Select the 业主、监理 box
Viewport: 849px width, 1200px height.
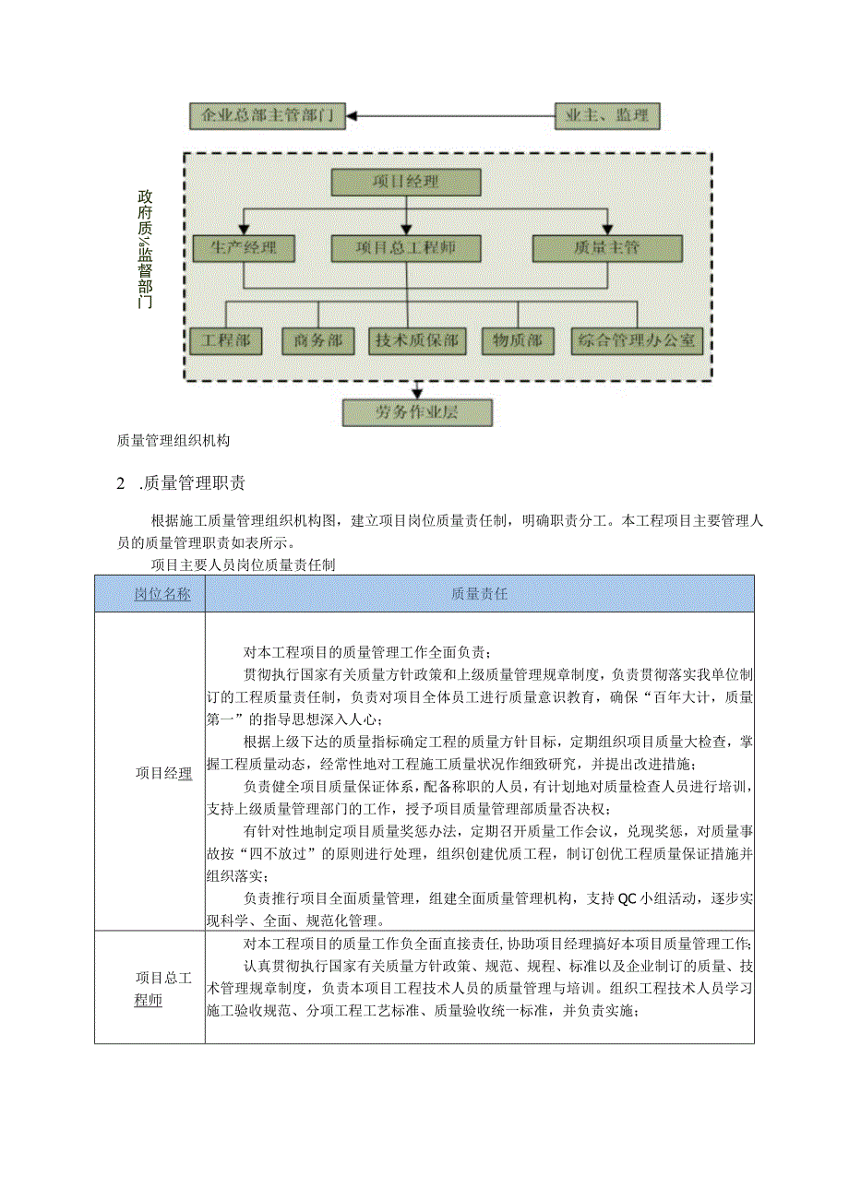tap(607, 116)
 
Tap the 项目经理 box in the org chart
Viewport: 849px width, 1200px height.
tap(406, 183)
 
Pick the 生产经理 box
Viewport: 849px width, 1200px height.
tap(243, 248)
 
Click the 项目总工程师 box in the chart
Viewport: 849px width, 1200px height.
tap(406, 248)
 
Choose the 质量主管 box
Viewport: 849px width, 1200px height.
tap(607, 248)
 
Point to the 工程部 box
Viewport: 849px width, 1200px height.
tap(226, 341)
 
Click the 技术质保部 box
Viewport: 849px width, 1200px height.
tap(415, 341)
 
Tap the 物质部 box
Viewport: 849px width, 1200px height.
tap(518, 341)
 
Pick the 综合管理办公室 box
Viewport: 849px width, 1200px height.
tap(636, 341)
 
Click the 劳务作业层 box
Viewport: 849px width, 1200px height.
tap(417, 412)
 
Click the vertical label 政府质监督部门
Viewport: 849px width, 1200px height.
tap(145, 248)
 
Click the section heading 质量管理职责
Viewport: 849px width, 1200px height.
tap(194, 483)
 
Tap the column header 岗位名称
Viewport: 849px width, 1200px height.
tap(162, 594)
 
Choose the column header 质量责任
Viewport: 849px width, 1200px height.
tap(479, 594)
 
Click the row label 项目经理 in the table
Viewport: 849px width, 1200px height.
tap(163, 773)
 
